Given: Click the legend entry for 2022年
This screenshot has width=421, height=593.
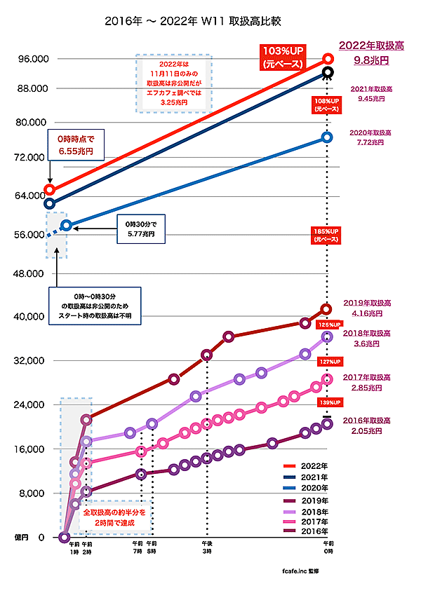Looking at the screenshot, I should click(x=308, y=465).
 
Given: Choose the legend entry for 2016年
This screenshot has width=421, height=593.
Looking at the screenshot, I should click(x=308, y=532).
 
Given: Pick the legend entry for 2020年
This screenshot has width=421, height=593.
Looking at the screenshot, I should click(x=308, y=487).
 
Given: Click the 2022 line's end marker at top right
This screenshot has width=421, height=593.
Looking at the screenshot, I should click(x=327, y=60).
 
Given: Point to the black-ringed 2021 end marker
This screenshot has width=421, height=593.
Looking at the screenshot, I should click(x=327, y=72).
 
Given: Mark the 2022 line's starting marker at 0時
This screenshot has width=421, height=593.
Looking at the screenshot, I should click(x=50, y=189).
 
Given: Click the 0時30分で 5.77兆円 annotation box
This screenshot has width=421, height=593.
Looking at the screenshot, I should click(x=140, y=228).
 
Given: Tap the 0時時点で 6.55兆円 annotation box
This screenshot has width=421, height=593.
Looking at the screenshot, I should click(x=75, y=145).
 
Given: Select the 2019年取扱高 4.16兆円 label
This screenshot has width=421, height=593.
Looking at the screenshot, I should click(x=367, y=309).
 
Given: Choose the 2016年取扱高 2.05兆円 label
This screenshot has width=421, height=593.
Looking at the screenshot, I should click(x=367, y=426).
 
